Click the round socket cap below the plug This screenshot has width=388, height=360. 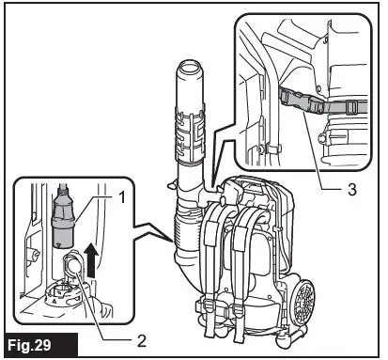pyautogui.click(x=70, y=272)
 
